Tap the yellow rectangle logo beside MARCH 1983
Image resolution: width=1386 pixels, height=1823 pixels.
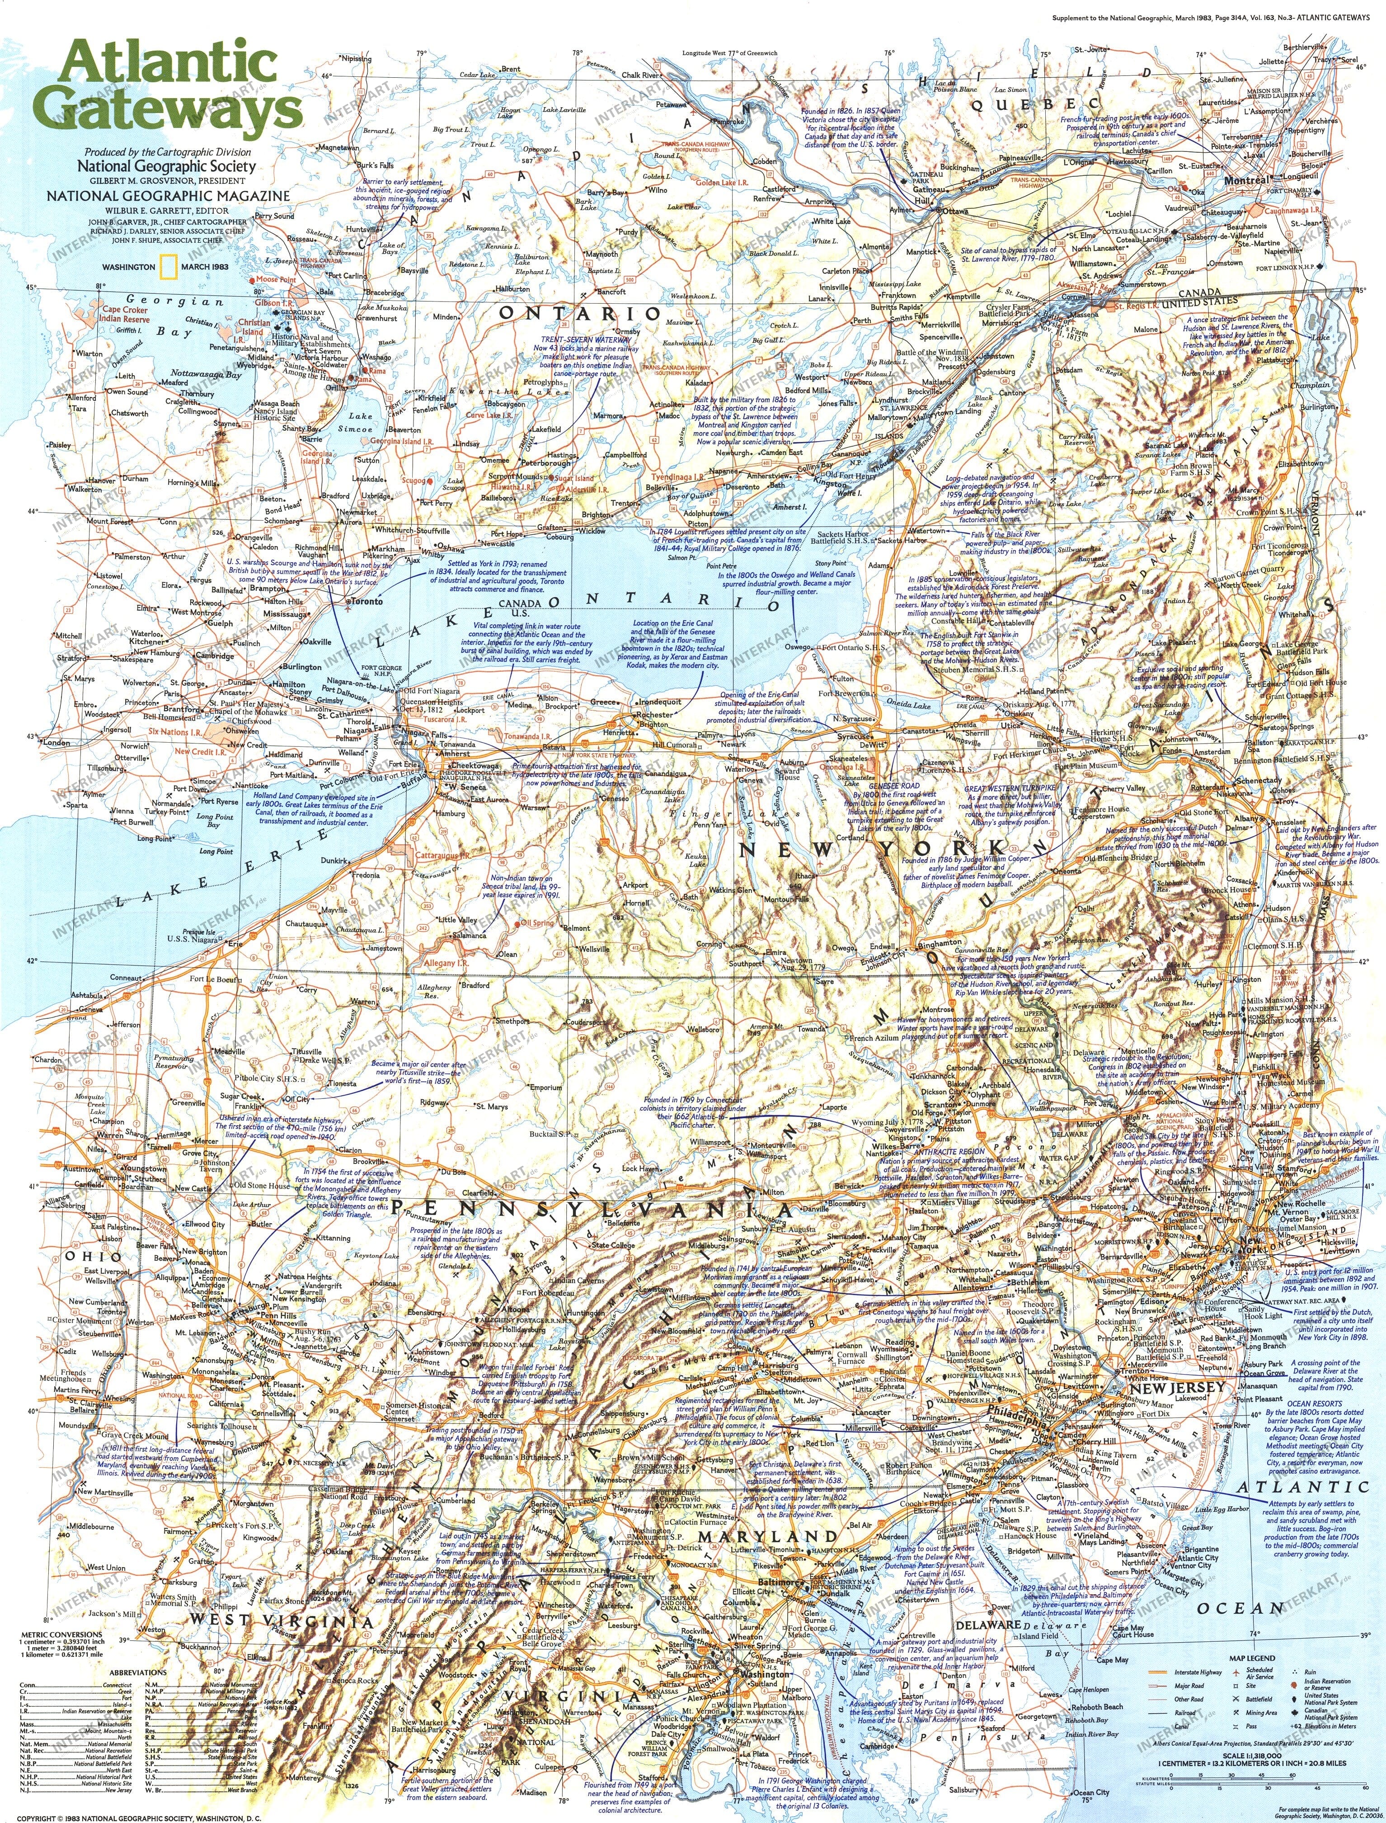(x=168, y=268)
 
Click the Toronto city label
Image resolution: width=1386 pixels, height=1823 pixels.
(x=367, y=603)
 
